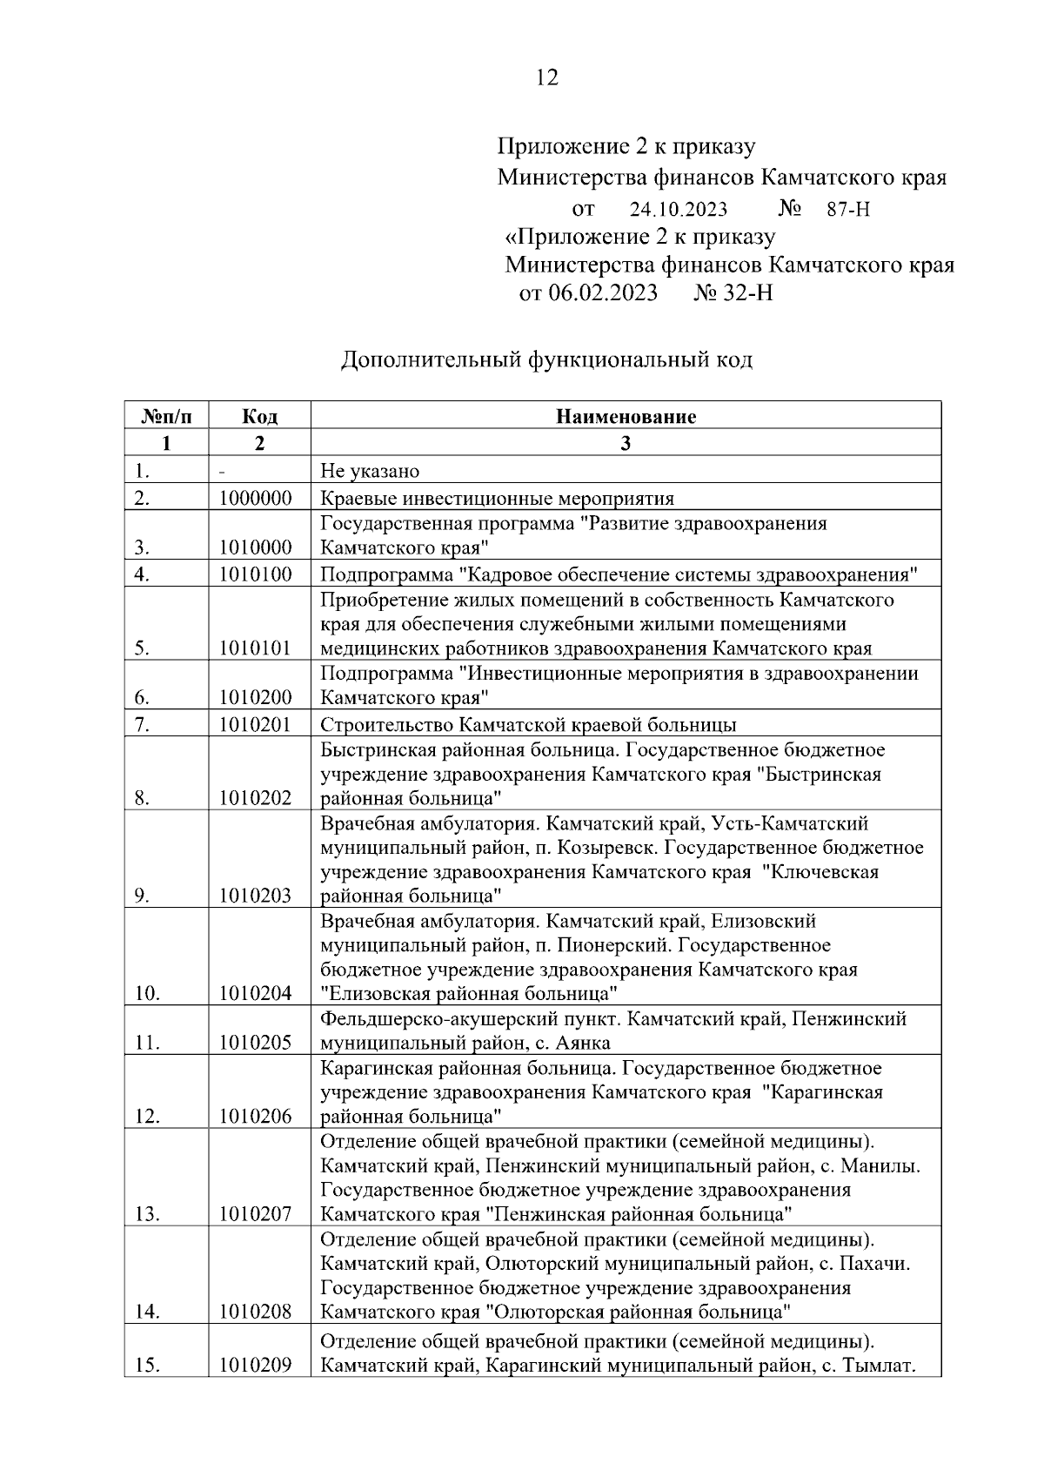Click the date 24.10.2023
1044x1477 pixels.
tap(679, 210)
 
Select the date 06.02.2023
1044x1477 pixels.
tap(601, 292)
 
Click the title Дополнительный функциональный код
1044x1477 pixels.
tap(546, 359)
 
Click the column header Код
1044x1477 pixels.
tap(259, 416)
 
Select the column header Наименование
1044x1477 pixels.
tap(626, 416)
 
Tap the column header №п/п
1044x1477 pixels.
tap(166, 416)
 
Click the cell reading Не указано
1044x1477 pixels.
tap(370, 472)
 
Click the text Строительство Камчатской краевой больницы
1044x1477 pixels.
tap(528, 725)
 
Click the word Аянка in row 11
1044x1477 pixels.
tap(585, 1043)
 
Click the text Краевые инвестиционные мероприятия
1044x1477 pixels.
tap(497, 499)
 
